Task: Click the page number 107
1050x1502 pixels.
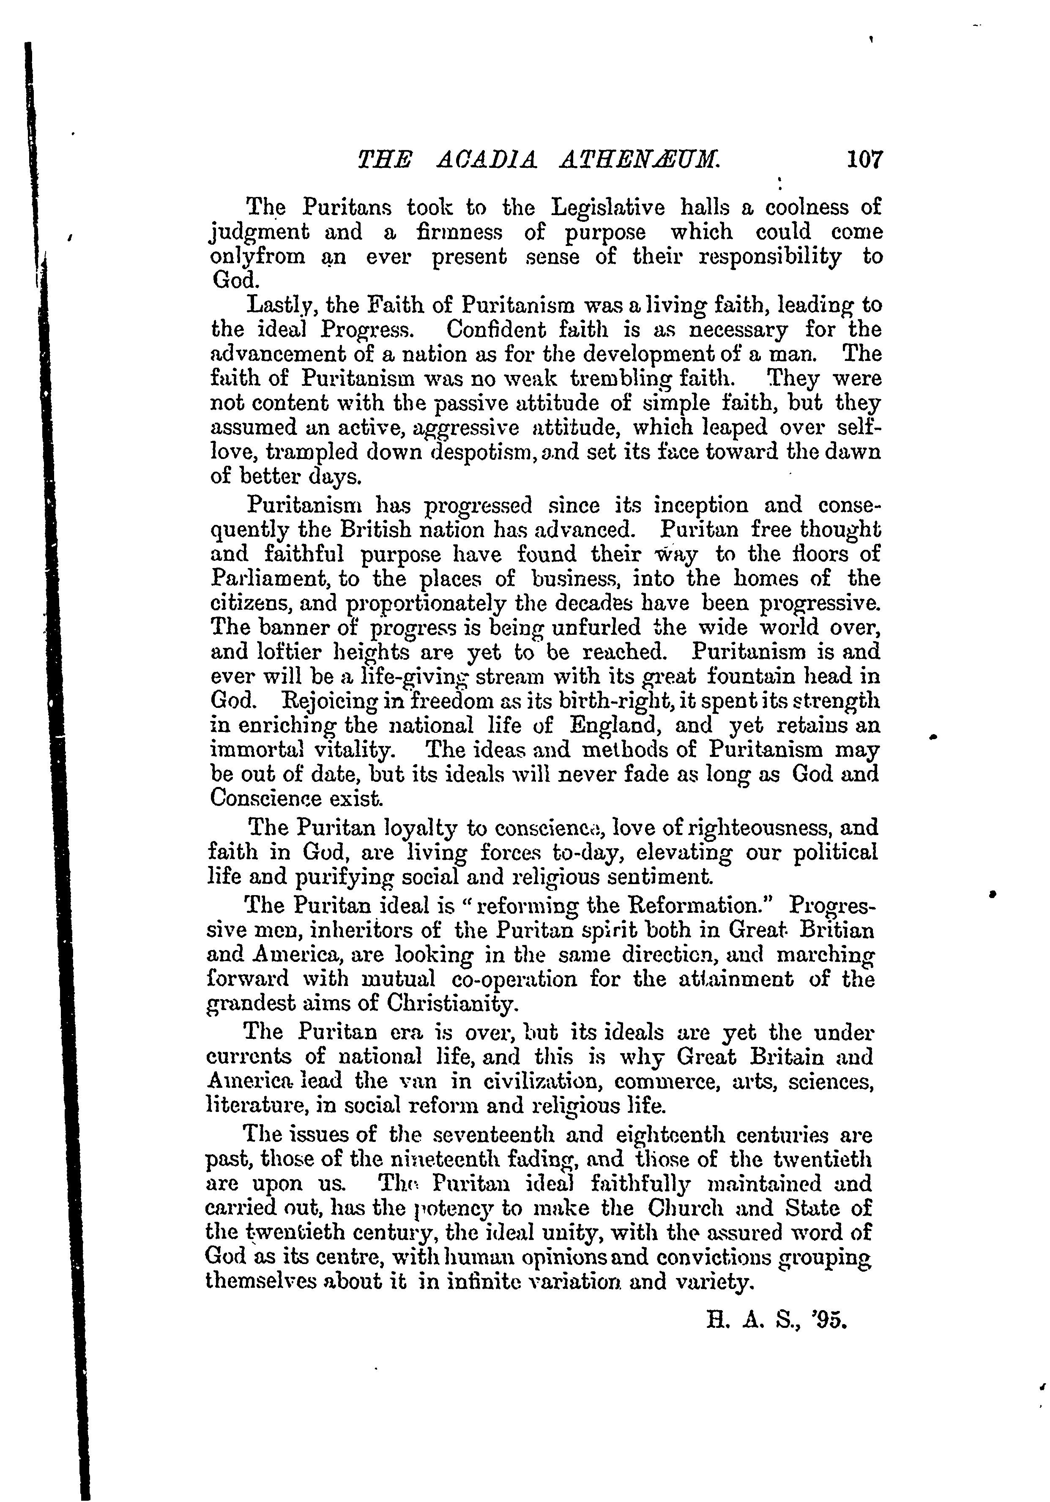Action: pos(864,160)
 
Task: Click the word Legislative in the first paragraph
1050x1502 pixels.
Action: pos(608,208)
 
